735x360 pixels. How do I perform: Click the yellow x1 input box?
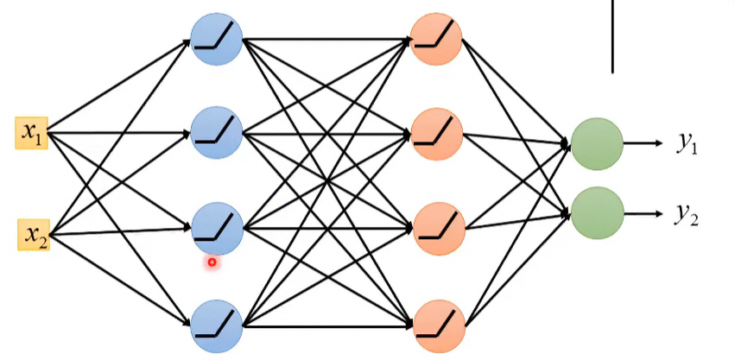pyautogui.click(x=31, y=133)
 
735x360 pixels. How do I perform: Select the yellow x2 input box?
pyautogui.click(x=34, y=234)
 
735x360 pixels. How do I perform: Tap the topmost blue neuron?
pyautogui.click(x=217, y=39)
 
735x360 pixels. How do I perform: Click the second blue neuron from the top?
pyautogui.click(x=217, y=133)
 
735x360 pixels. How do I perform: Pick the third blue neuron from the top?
pyautogui.click(x=217, y=229)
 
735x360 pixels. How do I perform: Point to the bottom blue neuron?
pyautogui.click(x=217, y=326)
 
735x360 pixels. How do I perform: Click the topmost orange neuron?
pyautogui.click(x=436, y=39)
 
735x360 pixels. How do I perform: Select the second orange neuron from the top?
pyautogui.click(x=436, y=134)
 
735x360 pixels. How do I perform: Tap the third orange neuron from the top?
pyautogui.click(x=438, y=229)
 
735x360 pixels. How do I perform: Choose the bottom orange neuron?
pyautogui.click(x=439, y=326)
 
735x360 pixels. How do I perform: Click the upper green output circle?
pyautogui.click(x=597, y=143)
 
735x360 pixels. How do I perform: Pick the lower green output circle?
pyautogui.click(x=598, y=213)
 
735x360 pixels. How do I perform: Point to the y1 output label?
pyautogui.click(x=687, y=142)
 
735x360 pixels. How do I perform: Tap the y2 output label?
pyautogui.click(x=687, y=214)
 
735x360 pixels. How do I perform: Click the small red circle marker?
pyautogui.click(x=212, y=262)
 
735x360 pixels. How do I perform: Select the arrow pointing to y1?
pyautogui.click(x=643, y=143)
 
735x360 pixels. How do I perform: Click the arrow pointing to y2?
pyautogui.click(x=643, y=214)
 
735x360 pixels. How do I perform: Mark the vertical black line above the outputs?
pyautogui.click(x=612, y=36)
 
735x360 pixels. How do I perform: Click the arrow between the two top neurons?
pyautogui.click(x=326, y=40)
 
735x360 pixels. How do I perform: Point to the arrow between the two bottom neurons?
pyautogui.click(x=328, y=325)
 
